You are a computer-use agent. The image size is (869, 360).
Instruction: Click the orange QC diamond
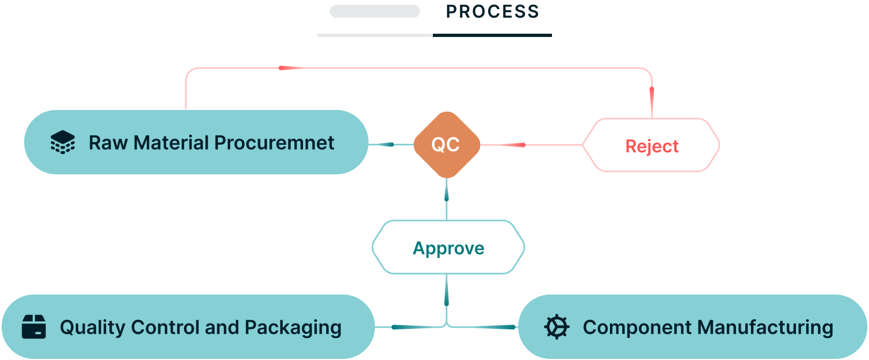click(x=447, y=145)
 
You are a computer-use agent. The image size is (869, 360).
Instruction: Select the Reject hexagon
click(x=651, y=145)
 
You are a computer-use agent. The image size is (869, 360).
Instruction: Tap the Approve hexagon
click(x=448, y=247)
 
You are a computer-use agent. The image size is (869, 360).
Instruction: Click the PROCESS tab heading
click(x=492, y=12)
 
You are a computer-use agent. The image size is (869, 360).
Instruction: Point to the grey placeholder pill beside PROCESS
click(x=375, y=11)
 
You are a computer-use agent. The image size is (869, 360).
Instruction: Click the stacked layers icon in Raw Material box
click(x=63, y=142)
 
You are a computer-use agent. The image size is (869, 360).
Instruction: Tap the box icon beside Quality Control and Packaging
click(x=34, y=327)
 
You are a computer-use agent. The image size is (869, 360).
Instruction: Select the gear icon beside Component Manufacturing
click(x=557, y=327)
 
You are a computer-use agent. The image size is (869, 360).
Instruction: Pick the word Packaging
click(x=293, y=328)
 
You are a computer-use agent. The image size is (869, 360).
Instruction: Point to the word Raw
click(x=108, y=142)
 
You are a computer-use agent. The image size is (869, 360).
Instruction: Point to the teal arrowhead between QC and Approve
click(x=446, y=191)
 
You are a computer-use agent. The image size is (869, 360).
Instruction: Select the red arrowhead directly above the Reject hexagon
click(x=652, y=100)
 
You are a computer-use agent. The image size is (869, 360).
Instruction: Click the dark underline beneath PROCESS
click(x=492, y=35)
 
